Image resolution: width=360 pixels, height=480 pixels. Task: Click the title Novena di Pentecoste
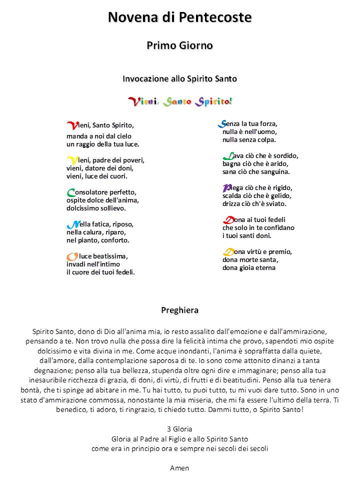pyautogui.click(x=180, y=17)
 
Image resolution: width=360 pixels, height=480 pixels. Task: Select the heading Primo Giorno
pyautogui.click(x=180, y=45)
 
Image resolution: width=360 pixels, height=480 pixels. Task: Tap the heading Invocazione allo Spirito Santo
pyautogui.click(x=180, y=78)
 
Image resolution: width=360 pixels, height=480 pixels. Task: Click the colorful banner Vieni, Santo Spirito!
pyautogui.click(x=180, y=101)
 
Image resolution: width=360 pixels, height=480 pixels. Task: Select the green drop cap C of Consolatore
pyautogui.click(x=70, y=192)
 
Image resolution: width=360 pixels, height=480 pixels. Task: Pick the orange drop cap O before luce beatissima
pyautogui.click(x=71, y=256)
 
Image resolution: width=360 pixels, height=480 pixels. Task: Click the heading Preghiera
pyautogui.click(x=180, y=310)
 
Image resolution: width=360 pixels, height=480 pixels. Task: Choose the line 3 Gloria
pyautogui.click(x=180, y=429)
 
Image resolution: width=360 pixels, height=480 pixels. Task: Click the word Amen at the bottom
pyautogui.click(x=180, y=468)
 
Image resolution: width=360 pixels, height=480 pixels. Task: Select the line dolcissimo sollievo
pyautogui.click(x=96, y=208)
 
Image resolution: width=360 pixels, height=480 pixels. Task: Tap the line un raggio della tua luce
pyautogui.click(x=102, y=144)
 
